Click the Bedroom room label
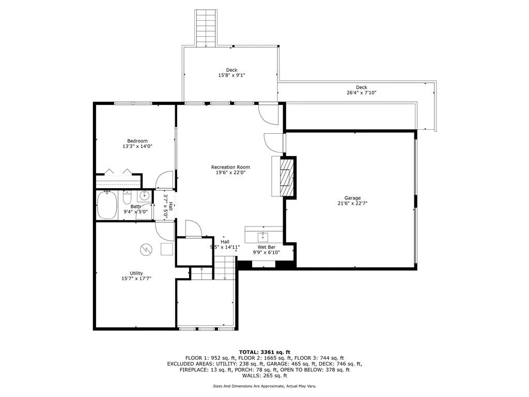click(x=137, y=141)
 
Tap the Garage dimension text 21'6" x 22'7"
click(x=353, y=203)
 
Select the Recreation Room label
click(x=230, y=167)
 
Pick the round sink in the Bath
click(x=145, y=196)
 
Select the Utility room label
click(x=136, y=273)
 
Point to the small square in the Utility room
click(x=166, y=249)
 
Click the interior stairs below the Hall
click(x=225, y=269)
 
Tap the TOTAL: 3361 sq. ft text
click(x=264, y=352)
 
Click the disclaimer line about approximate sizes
click(x=264, y=386)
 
